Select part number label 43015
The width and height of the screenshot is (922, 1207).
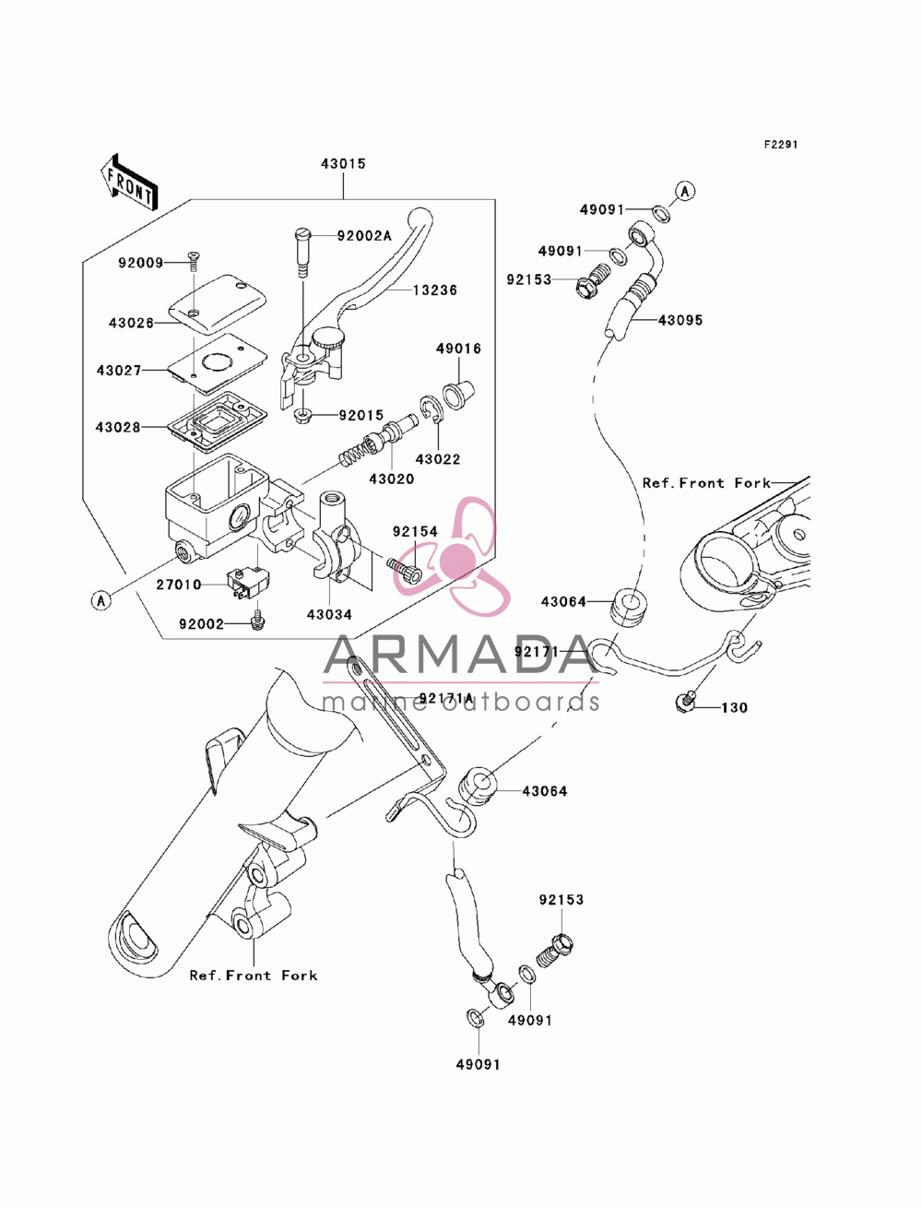[x=343, y=164]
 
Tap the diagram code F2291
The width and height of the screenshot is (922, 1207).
[x=780, y=145]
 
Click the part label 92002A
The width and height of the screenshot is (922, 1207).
[x=364, y=236]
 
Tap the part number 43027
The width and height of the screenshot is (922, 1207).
[x=119, y=371]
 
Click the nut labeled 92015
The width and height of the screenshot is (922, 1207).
[x=302, y=415]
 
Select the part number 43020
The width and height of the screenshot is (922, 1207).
[x=392, y=479]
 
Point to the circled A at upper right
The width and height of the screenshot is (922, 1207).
[x=684, y=191]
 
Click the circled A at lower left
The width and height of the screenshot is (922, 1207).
[x=100, y=601]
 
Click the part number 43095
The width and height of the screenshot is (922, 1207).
[x=680, y=320]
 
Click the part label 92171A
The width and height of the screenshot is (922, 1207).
[x=446, y=699]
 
